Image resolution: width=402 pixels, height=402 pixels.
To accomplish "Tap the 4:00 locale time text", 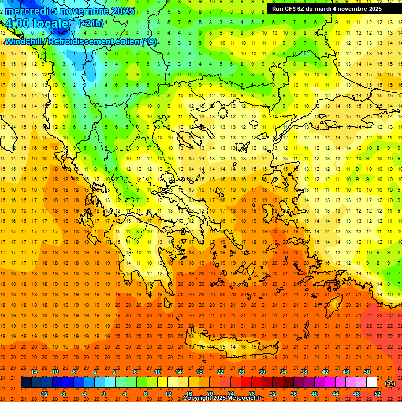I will coord(37,24).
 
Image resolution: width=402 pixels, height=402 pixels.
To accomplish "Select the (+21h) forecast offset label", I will coord(90,24).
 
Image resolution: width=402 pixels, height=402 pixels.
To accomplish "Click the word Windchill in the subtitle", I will coord(25,41).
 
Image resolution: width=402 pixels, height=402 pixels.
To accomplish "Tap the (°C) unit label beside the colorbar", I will coord(390,383).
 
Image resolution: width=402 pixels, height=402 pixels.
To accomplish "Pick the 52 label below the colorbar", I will coord(377,394).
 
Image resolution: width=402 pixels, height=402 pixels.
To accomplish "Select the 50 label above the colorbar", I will coord(367,372).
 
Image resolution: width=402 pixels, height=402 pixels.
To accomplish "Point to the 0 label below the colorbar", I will coord(104,394).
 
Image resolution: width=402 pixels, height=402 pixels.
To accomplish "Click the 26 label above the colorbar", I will coord(241,372).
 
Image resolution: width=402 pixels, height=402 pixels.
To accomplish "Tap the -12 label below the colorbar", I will coord(43,394).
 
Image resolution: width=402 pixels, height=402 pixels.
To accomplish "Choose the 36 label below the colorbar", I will coord(294,394).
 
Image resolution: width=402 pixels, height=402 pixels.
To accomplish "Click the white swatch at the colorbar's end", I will coord(372,383).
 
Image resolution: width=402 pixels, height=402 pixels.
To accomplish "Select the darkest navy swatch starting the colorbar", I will coord(26,383).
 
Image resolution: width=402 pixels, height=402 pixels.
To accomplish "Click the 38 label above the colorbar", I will coord(304,372).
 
